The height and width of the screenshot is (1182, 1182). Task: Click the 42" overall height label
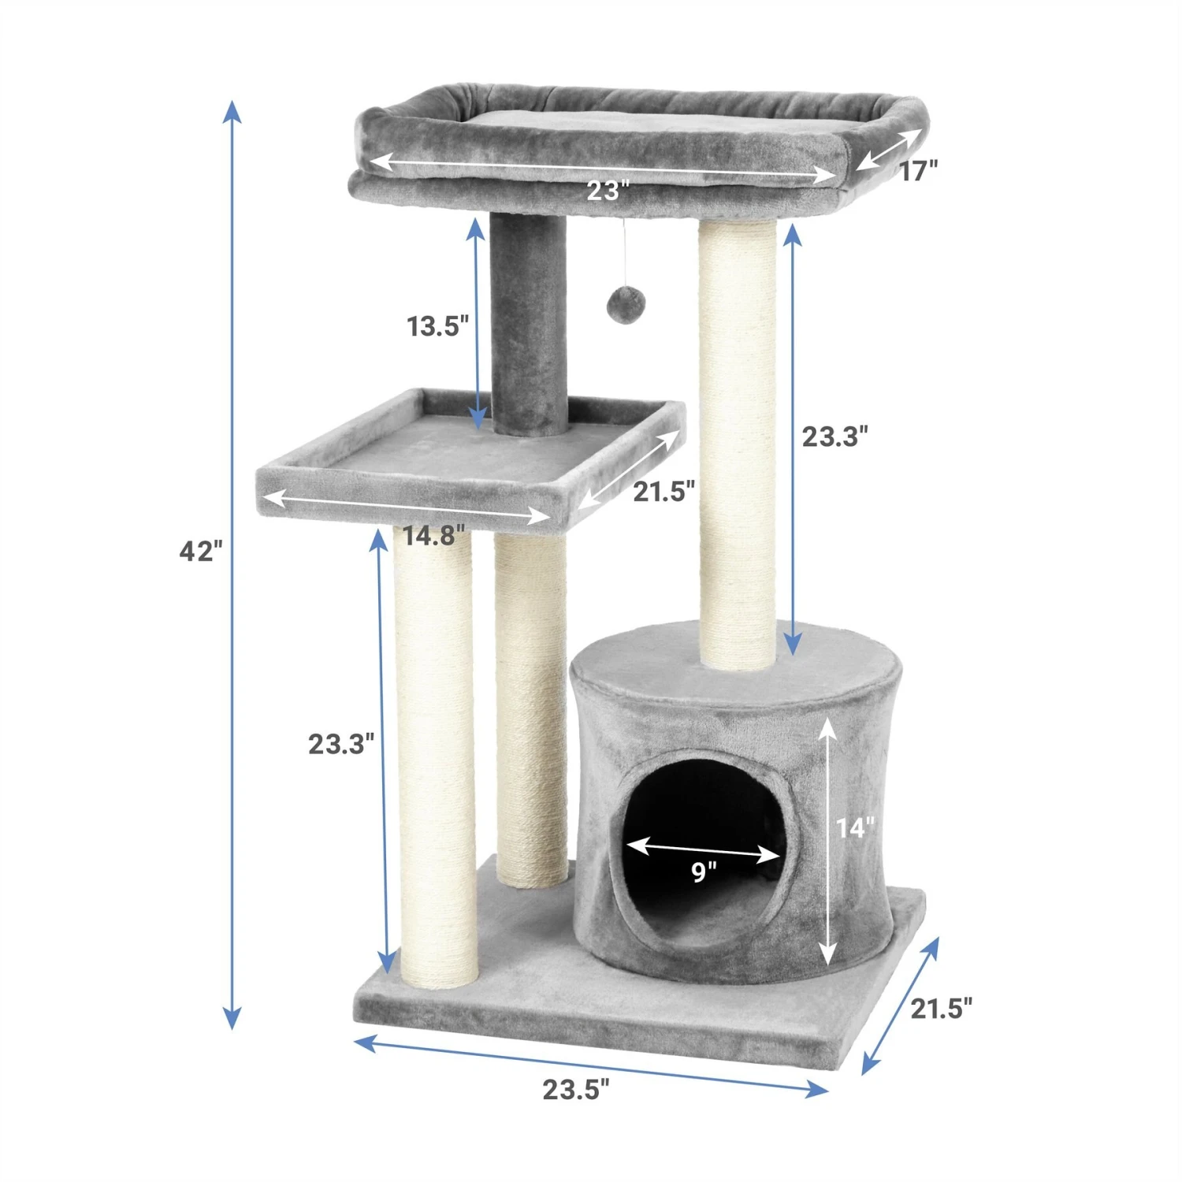coord(200,551)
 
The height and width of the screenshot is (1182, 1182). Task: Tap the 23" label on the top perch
coord(608,191)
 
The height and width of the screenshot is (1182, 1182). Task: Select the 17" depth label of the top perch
coord(918,170)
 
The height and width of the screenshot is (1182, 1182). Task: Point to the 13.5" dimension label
coord(437,325)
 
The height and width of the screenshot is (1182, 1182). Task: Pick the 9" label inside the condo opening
coord(704,872)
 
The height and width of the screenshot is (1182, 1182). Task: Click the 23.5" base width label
coord(575,1090)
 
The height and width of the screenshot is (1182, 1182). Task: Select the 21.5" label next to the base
coord(941,1008)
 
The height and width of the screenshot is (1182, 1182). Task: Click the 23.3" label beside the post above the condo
coord(834,436)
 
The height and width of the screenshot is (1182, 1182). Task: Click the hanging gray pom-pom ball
coord(626,304)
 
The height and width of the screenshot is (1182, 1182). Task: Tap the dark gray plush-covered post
coord(528,323)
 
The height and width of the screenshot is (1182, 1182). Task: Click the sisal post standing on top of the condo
coord(738,441)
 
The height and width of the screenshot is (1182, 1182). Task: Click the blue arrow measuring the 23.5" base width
coord(591,1065)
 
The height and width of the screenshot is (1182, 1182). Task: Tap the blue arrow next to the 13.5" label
coord(476,323)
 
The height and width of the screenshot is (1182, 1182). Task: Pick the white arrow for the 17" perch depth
coord(889,149)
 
